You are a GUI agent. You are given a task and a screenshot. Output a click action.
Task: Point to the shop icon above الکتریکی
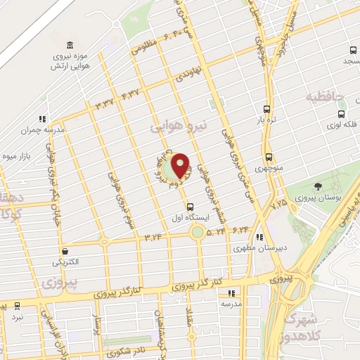tap(65, 250)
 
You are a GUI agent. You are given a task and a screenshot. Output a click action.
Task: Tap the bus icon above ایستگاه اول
tap(190, 206)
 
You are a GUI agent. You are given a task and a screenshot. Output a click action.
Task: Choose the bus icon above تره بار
tap(266, 109)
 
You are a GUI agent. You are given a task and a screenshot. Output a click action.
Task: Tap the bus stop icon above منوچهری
tap(269, 157)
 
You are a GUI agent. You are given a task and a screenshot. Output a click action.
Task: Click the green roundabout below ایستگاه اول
tap(198, 232)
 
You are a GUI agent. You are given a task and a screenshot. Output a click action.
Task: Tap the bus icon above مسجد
tap(354, 51)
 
